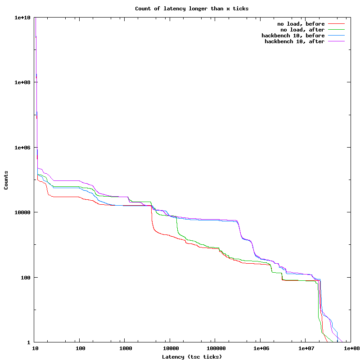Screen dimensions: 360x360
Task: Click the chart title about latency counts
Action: pyautogui.click(x=192, y=9)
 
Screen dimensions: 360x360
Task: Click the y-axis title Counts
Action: pyautogui.click(x=6, y=180)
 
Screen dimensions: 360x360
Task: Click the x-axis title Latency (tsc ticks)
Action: pyautogui.click(x=192, y=357)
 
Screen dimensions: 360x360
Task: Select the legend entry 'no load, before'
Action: pyautogui.click(x=301, y=24)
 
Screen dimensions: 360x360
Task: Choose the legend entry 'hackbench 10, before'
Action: pyautogui.click(x=293, y=36)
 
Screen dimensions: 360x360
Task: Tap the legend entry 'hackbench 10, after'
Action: pyautogui.click(x=294, y=41)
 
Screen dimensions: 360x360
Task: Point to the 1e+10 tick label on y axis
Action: pyautogui.click(x=22, y=18)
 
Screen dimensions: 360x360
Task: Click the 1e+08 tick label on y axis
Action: pyautogui.click(x=22, y=82)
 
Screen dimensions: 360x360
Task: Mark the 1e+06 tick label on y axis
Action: pyautogui.click(x=22, y=148)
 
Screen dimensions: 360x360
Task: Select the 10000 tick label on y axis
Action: pyautogui.click(x=24, y=212)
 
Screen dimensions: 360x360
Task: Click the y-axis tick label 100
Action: pyautogui.click(x=27, y=277)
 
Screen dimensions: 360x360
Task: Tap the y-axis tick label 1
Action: pyautogui.click(x=30, y=342)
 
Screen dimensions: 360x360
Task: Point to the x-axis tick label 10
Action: pyautogui.click(x=35, y=348)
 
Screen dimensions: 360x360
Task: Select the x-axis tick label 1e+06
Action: pyautogui.click(x=261, y=348)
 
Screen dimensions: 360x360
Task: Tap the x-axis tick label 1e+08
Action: pyautogui.click(x=351, y=348)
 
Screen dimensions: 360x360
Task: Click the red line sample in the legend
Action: pyautogui.click(x=336, y=24)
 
